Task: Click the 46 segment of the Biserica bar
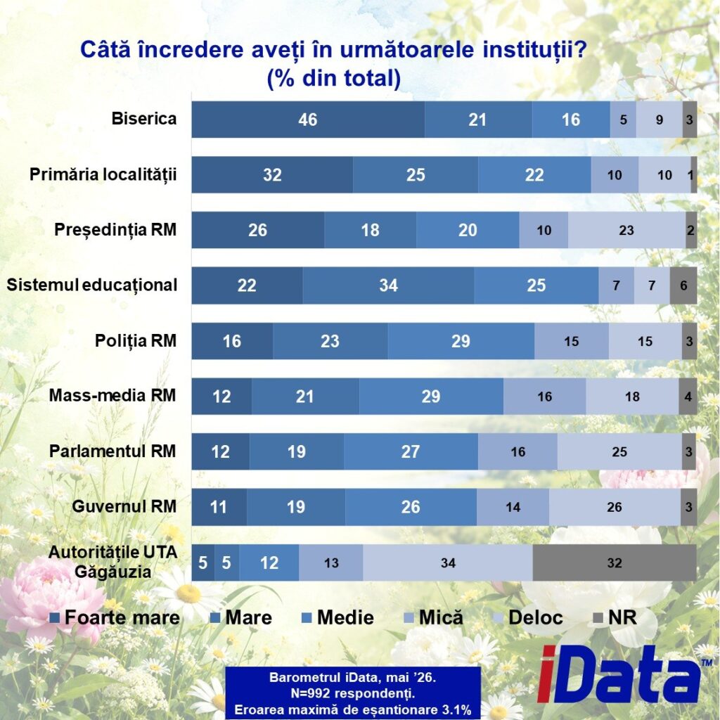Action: [308, 120]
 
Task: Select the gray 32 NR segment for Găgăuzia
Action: [615, 562]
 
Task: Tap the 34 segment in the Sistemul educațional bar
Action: [388, 285]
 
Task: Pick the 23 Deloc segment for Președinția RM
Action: [626, 230]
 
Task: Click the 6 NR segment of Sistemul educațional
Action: [683, 285]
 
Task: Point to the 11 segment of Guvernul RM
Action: [219, 507]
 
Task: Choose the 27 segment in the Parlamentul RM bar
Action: [411, 451]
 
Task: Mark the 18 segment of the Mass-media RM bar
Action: [632, 397]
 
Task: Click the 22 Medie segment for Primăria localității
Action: [534, 174]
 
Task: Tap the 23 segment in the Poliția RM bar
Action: [330, 341]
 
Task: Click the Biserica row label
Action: [143, 118]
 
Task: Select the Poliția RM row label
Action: [136, 341]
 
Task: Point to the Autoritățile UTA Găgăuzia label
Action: [113, 562]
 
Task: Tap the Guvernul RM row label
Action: [124, 506]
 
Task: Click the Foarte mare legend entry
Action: [115, 617]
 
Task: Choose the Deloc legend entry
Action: [529, 617]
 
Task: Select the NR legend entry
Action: [615, 617]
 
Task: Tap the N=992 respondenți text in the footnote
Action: [353, 693]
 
